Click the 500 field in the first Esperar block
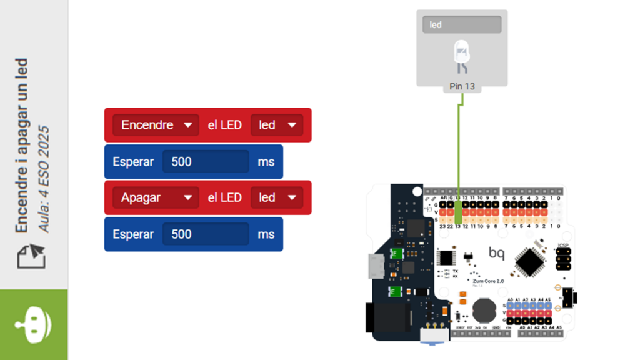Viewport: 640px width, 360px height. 206,162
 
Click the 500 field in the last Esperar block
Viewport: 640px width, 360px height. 206,234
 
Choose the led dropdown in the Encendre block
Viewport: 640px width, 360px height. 276,125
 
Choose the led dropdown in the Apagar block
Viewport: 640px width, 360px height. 276,197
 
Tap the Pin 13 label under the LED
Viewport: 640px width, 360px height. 462,86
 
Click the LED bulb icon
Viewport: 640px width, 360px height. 462,54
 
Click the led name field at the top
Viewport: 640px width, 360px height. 462,25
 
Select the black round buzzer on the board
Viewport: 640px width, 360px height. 482,311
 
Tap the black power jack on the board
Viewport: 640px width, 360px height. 386,317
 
